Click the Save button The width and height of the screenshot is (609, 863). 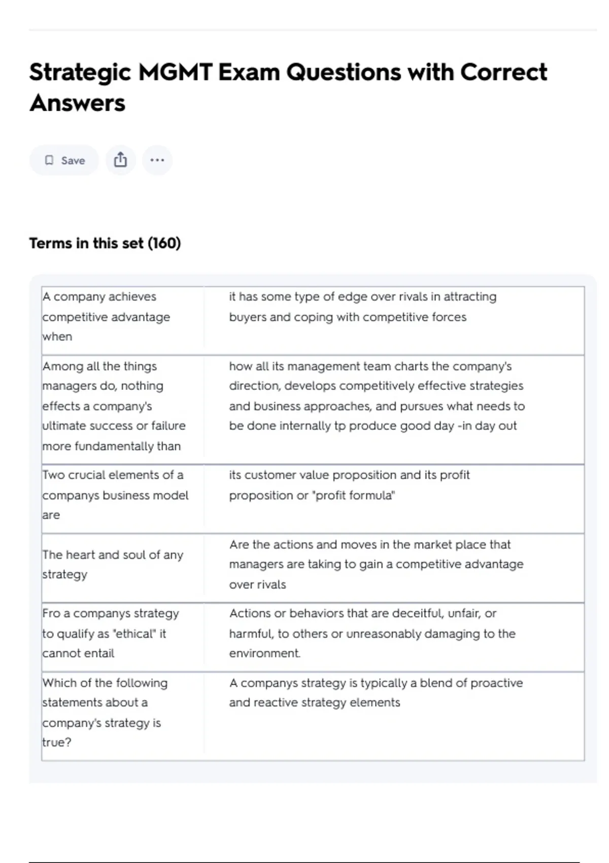click(64, 160)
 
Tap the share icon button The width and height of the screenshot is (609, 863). click(120, 160)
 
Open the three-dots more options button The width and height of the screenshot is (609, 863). click(157, 160)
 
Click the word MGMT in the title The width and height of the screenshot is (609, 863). click(175, 72)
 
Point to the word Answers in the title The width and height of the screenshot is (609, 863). click(77, 103)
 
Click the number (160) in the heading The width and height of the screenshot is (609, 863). click(164, 243)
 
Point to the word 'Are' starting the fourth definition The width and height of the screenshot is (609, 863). click(239, 545)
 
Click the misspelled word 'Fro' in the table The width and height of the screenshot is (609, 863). click(51, 613)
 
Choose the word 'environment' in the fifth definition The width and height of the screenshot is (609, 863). click(264, 653)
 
